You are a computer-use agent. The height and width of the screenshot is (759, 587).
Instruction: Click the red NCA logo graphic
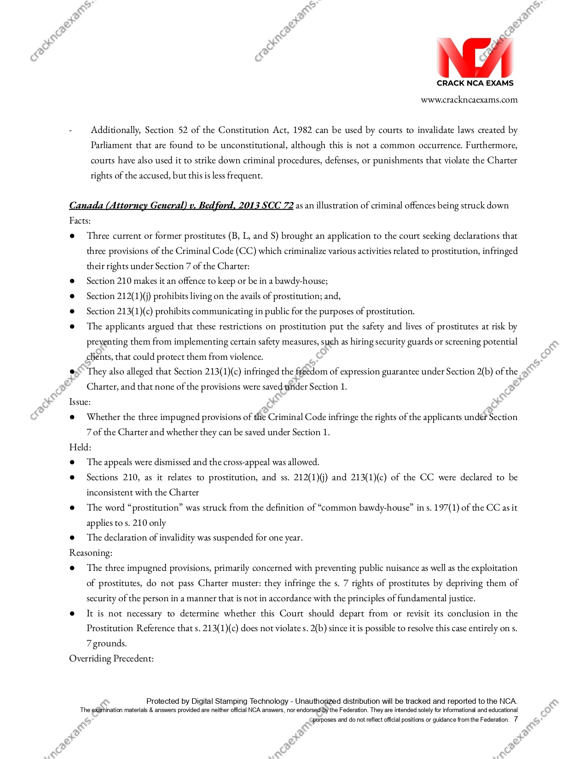pyautogui.click(x=475, y=57)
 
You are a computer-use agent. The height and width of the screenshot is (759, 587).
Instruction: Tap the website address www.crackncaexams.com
pyautogui.click(x=469, y=100)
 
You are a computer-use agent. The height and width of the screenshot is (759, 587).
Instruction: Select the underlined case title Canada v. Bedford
pyautogui.click(x=181, y=205)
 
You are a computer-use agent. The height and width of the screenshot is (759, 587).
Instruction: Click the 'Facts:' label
pyautogui.click(x=80, y=220)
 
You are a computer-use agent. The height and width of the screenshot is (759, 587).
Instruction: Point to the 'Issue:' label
pyautogui.click(x=80, y=402)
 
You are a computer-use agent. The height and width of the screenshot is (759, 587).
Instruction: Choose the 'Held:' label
pyautogui.click(x=80, y=447)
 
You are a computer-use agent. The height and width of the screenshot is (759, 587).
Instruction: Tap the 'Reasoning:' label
pyautogui.click(x=91, y=552)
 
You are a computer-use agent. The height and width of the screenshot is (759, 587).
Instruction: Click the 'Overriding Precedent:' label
pyautogui.click(x=111, y=658)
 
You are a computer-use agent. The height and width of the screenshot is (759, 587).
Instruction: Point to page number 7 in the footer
pyautogui.click(x=516, y=719)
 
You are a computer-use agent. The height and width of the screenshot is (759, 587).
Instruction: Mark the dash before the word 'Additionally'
pyautogui.click(x=70, y=131)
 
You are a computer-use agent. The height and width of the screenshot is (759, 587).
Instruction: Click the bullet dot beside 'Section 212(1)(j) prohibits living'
pyautogui.click(x=72, y=296)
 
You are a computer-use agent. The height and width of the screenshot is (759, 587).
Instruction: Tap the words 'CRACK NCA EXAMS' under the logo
pyautogui.click(x=475, y=83)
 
